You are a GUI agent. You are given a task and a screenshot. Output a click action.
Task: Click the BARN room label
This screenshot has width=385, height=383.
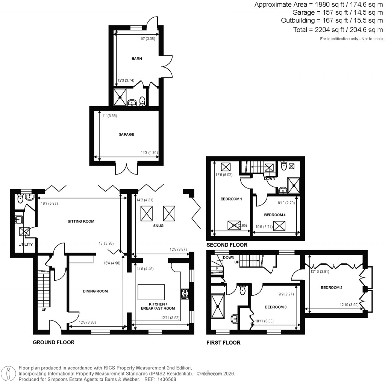pyautogui.click(x=136, y=59)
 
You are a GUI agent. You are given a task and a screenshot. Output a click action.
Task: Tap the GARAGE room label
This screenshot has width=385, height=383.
pyautogui.click(x=127, y=134)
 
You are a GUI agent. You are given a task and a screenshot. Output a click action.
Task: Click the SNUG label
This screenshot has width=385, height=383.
pyautogui.click(x=158, y=226)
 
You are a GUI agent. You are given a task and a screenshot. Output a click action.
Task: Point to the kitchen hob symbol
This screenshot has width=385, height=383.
pyautogui.click(x=185, y=293)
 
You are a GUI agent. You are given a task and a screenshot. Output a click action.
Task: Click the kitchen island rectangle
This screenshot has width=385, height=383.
pyautogui.click(x=152, y=292)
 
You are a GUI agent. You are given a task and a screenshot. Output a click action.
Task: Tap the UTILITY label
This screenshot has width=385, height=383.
pyautogui.click(x=26, y=245)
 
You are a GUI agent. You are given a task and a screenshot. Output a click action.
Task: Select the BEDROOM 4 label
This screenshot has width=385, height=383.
pyautogui.click(x=274, y=215)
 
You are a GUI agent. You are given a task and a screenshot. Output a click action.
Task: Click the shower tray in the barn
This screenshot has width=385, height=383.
pyautogui.click(x=121, y=97)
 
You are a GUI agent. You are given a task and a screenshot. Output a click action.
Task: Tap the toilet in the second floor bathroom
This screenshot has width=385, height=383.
pyautogui.click(x=284, y=166)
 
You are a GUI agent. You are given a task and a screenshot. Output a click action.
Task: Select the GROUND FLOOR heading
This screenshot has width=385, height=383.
pyautogui.click(x=53, y=342)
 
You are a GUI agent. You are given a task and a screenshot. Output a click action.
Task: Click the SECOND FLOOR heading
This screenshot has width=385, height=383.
pyautogui.click(x=227, y=245)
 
